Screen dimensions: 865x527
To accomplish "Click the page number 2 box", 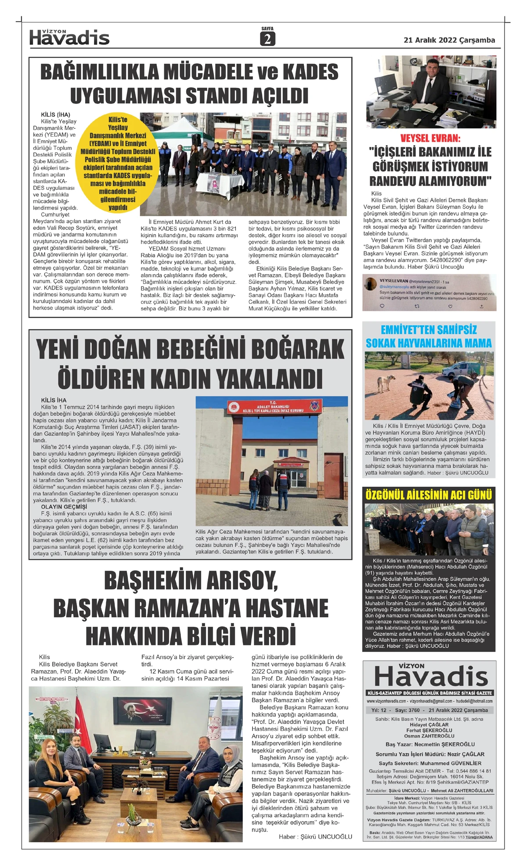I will (267, 40).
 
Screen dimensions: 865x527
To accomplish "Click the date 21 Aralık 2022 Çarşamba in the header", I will (449, 40).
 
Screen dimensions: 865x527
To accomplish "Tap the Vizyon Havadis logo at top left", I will (69, 38).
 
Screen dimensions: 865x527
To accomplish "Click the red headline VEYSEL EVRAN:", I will (430, 138).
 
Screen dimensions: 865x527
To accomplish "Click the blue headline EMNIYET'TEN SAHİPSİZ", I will (429, 330).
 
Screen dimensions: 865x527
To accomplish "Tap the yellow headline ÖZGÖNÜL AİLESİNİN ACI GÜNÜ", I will (429, 495).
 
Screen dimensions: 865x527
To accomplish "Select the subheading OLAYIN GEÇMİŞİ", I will (64, 507).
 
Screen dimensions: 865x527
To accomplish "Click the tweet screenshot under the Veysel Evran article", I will (429, 293).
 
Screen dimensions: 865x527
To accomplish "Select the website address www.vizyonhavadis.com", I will (386, 701).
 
